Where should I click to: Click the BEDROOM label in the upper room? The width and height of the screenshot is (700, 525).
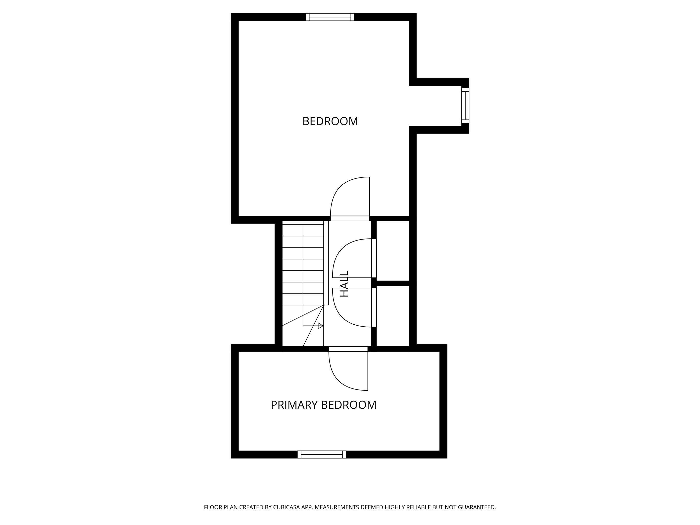point(330,121)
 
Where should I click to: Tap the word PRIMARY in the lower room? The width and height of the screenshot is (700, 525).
point(294,405)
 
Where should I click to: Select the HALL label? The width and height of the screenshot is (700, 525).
point(344,283)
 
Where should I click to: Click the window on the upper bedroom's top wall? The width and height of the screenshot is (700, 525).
point(330,17)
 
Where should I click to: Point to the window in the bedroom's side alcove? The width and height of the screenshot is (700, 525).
point(465,105)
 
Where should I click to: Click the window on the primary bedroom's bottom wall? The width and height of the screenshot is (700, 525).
point(322,455)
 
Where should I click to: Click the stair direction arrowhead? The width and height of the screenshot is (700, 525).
point(321,326)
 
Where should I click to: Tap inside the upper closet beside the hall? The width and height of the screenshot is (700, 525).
point(393,251)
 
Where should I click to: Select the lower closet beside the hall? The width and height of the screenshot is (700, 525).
point(393,316)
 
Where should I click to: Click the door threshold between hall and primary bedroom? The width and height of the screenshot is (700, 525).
point(348,349)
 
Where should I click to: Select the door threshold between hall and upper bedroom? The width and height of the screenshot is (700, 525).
point(350,218)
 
